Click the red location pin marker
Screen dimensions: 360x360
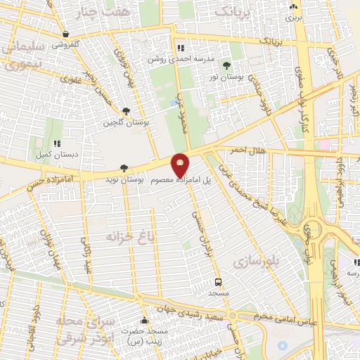(x=181, y=165)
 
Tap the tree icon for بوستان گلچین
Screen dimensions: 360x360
(x=126, y=111)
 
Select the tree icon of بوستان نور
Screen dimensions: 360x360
(x=226, y=65)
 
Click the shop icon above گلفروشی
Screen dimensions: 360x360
(x=65, y=34)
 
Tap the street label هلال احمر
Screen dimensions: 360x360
(x=243, y=150)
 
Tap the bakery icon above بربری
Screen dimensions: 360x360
(x=293, y=6)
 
